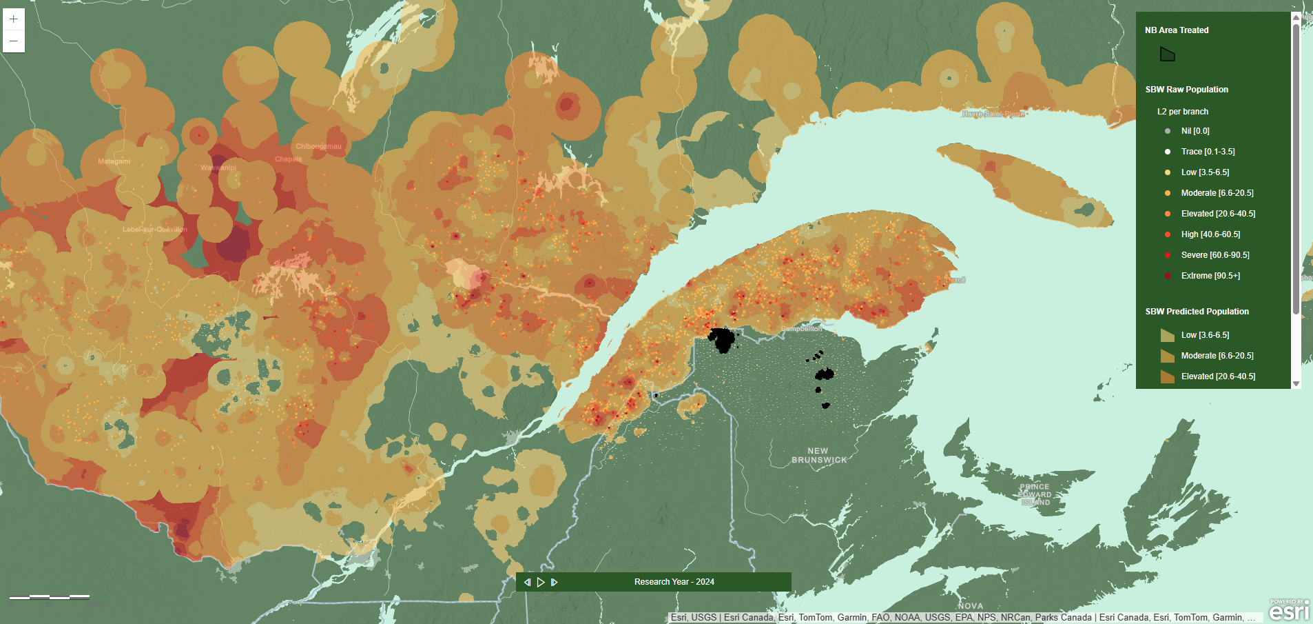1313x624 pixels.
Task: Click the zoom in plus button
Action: [x=13, y=19]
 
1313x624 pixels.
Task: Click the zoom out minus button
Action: [x=13, y=41]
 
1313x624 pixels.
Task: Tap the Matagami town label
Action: [x=114, y=161]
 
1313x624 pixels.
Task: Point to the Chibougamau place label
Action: [x=318, y=146]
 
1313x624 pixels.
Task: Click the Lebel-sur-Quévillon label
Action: [x=155, y=230]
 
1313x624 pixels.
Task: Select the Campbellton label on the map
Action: [x=801, y=329]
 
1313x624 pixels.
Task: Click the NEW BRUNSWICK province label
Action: [x=818, y=455]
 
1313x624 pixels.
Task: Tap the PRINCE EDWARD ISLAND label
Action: [x=1035, y=494]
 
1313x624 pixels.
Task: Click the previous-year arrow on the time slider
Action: [x=528, y=582]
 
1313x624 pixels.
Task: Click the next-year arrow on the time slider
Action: [x=554, y=582]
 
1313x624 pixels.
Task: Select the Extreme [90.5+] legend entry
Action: [x=1210, y=276]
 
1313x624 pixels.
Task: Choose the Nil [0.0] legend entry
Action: [x=1195, y=131]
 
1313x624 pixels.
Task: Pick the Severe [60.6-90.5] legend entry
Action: [x=1214, y=255]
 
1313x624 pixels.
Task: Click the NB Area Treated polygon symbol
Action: [x=1167, y=54]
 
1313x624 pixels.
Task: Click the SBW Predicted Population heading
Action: [x=1197, y=312]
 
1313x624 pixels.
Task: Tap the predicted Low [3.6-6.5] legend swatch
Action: [x=1167, y=335]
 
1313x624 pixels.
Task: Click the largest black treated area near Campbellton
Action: [x=722, y=340]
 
